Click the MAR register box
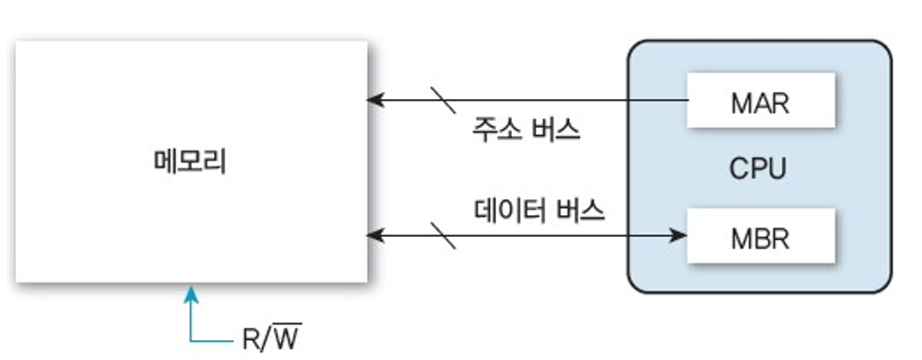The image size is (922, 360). click(x=760, y=100)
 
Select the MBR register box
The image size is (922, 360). click(x=760, y=236)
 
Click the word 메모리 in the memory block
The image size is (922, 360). click(x=190, y=162)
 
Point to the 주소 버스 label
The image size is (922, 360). click(x=526, y=129)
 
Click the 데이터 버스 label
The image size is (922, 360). click(x=539, y=210)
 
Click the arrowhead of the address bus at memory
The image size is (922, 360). click(x=375, y=100)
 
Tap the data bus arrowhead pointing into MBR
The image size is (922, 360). click(x=678, y=236)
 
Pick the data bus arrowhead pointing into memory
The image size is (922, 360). click(x=375, y=236)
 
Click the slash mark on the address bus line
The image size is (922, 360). click(x=443, y=100)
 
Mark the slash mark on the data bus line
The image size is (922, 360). click(x=443, y=236)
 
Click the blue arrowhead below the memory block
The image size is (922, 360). click(x=190, y=295)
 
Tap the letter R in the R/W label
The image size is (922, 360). click(x=251, y=339)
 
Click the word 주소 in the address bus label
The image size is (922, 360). click(x=497, y=129)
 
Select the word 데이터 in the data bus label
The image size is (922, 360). click(x=511, y=210)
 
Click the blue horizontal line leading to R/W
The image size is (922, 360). click(x=212, y=340)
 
